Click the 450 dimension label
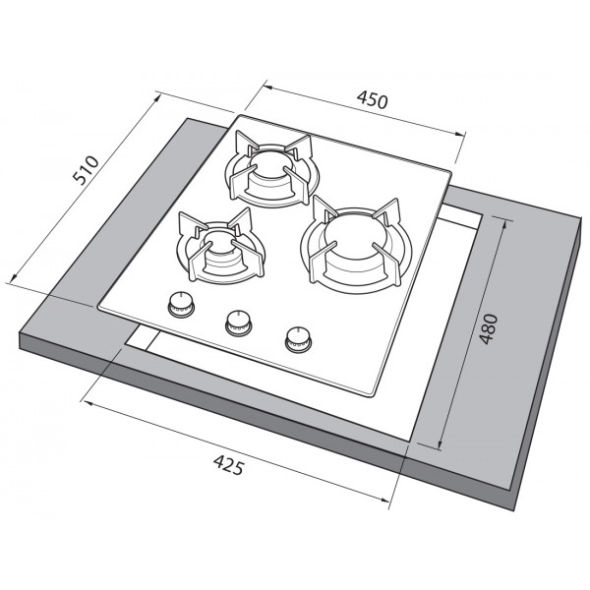click(x=372, y=99)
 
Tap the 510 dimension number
click(x=87, y=170)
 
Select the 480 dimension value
click(x=489, y=328)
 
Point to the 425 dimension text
click(x=229, y=465)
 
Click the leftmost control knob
click(x=181, y=304)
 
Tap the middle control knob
click(x=239, y=323)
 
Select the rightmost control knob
click(x=298, y=339)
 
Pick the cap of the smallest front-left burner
click(x=220, y=241)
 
